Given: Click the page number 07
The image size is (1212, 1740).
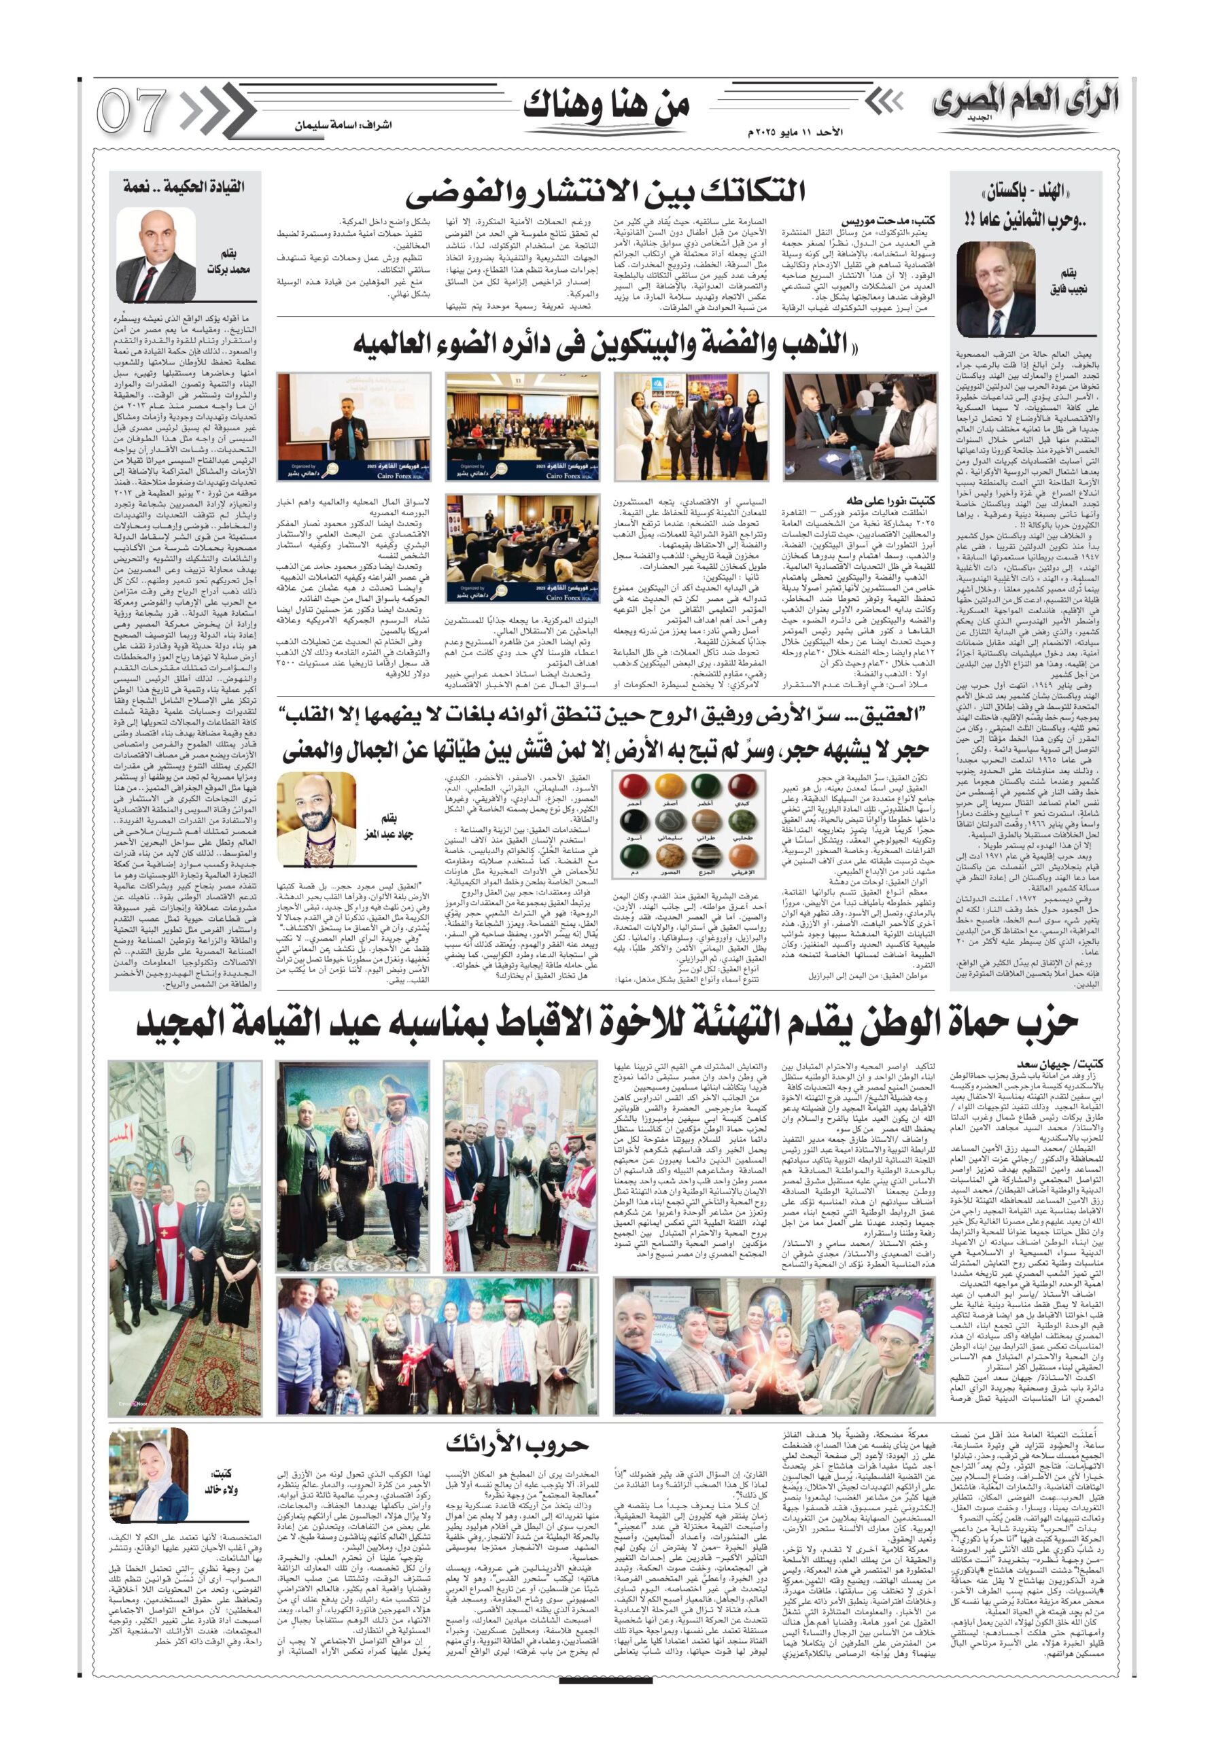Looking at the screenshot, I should pyautogui.click(x=131, y=111).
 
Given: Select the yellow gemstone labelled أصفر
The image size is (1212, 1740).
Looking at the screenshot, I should pyautogui.click(x=668, y=785).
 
